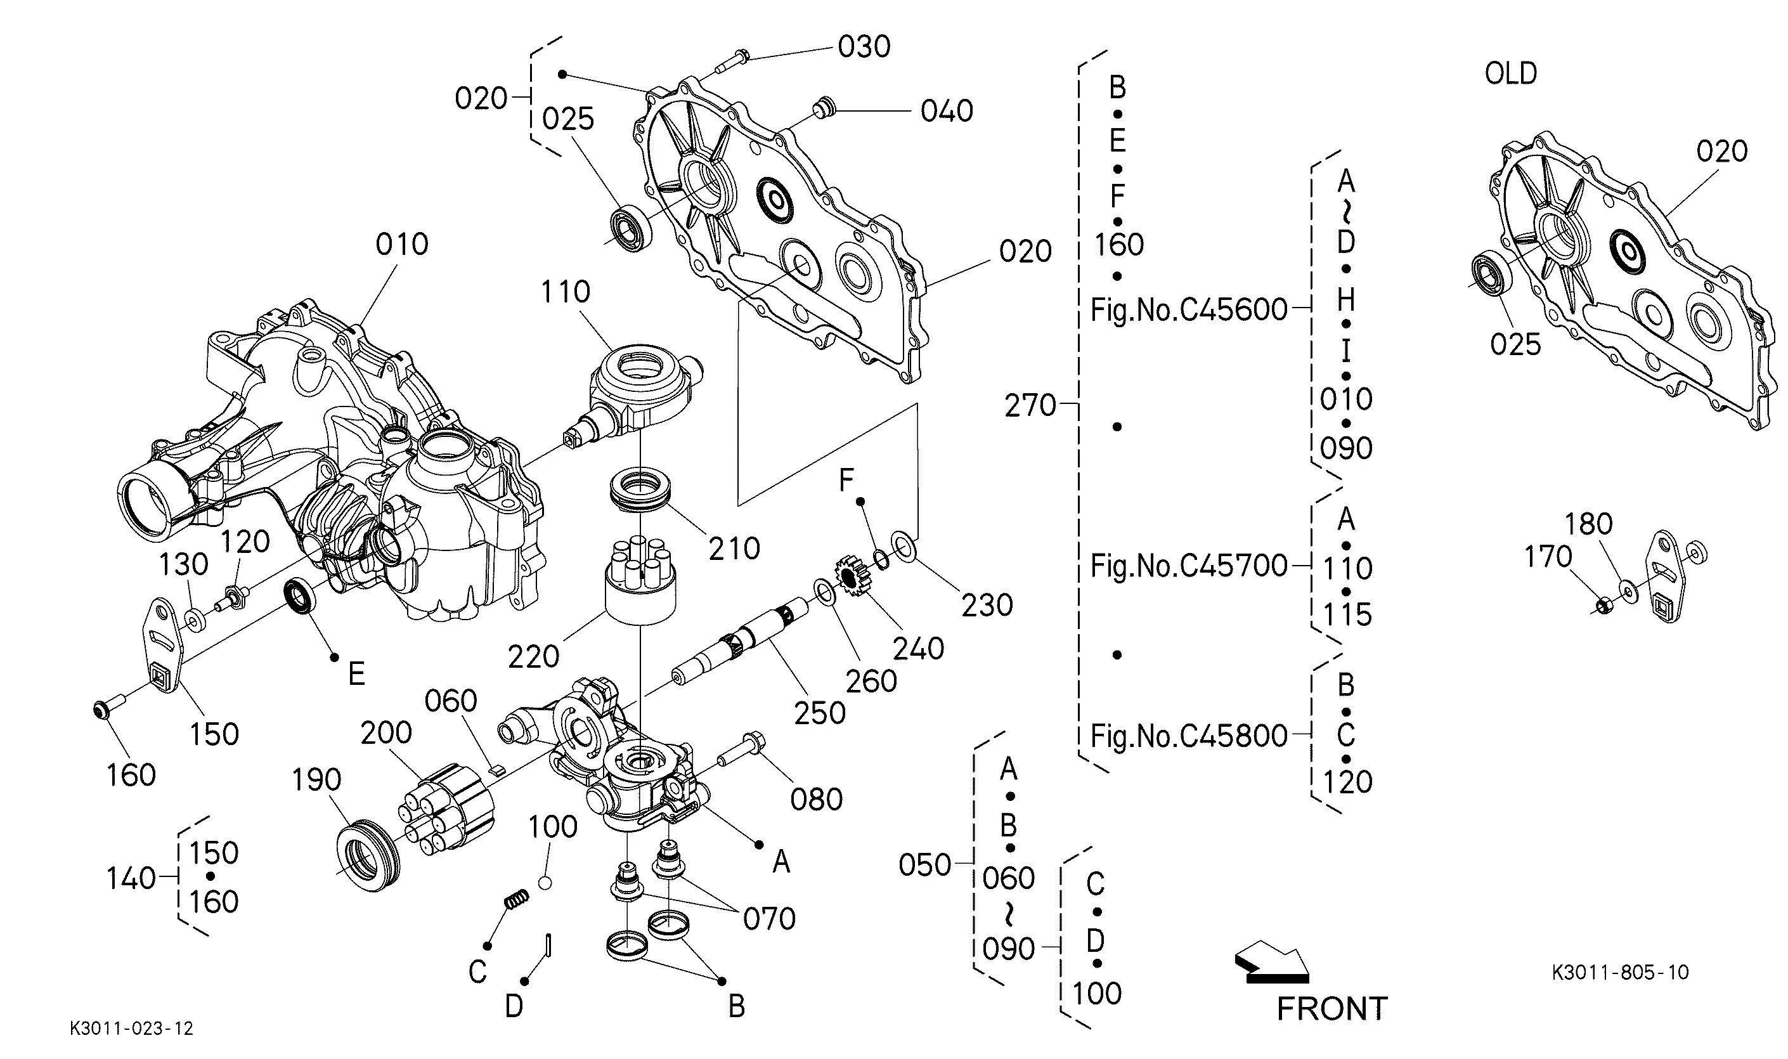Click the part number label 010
tap(402, 244)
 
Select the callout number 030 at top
tap(864, 46)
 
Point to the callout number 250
tap(820, 713)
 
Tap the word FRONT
tap(1331, 1009)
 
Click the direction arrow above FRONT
tap(1272, 962)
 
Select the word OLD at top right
tap(1510, 73)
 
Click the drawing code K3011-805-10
tap(1619, 972)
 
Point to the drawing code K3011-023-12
tap(131, 1029)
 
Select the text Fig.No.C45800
tap(1189, 736)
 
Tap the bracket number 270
tap(1030, 406)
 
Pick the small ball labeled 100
tap(545, 883)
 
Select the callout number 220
tap(533, 656)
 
